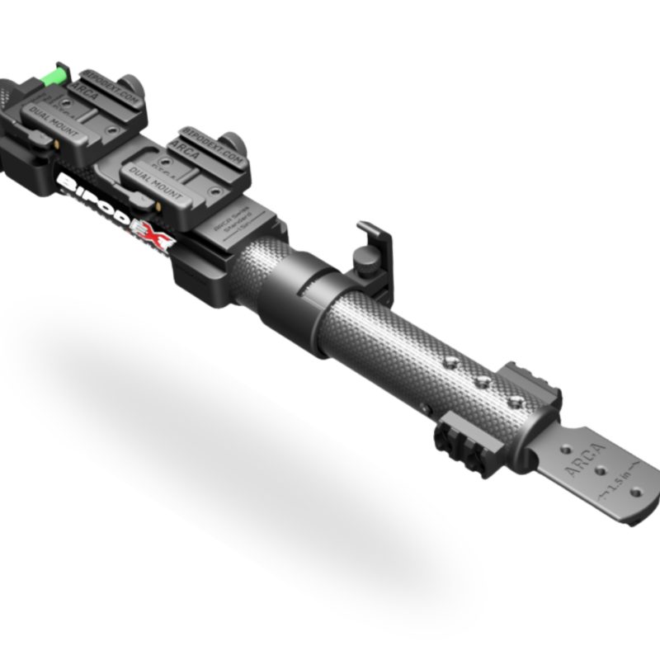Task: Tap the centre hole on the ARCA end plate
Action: pyautogui.click(x=601, y=476)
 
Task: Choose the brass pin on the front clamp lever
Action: pyautogui.click(x=158, y=200)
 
